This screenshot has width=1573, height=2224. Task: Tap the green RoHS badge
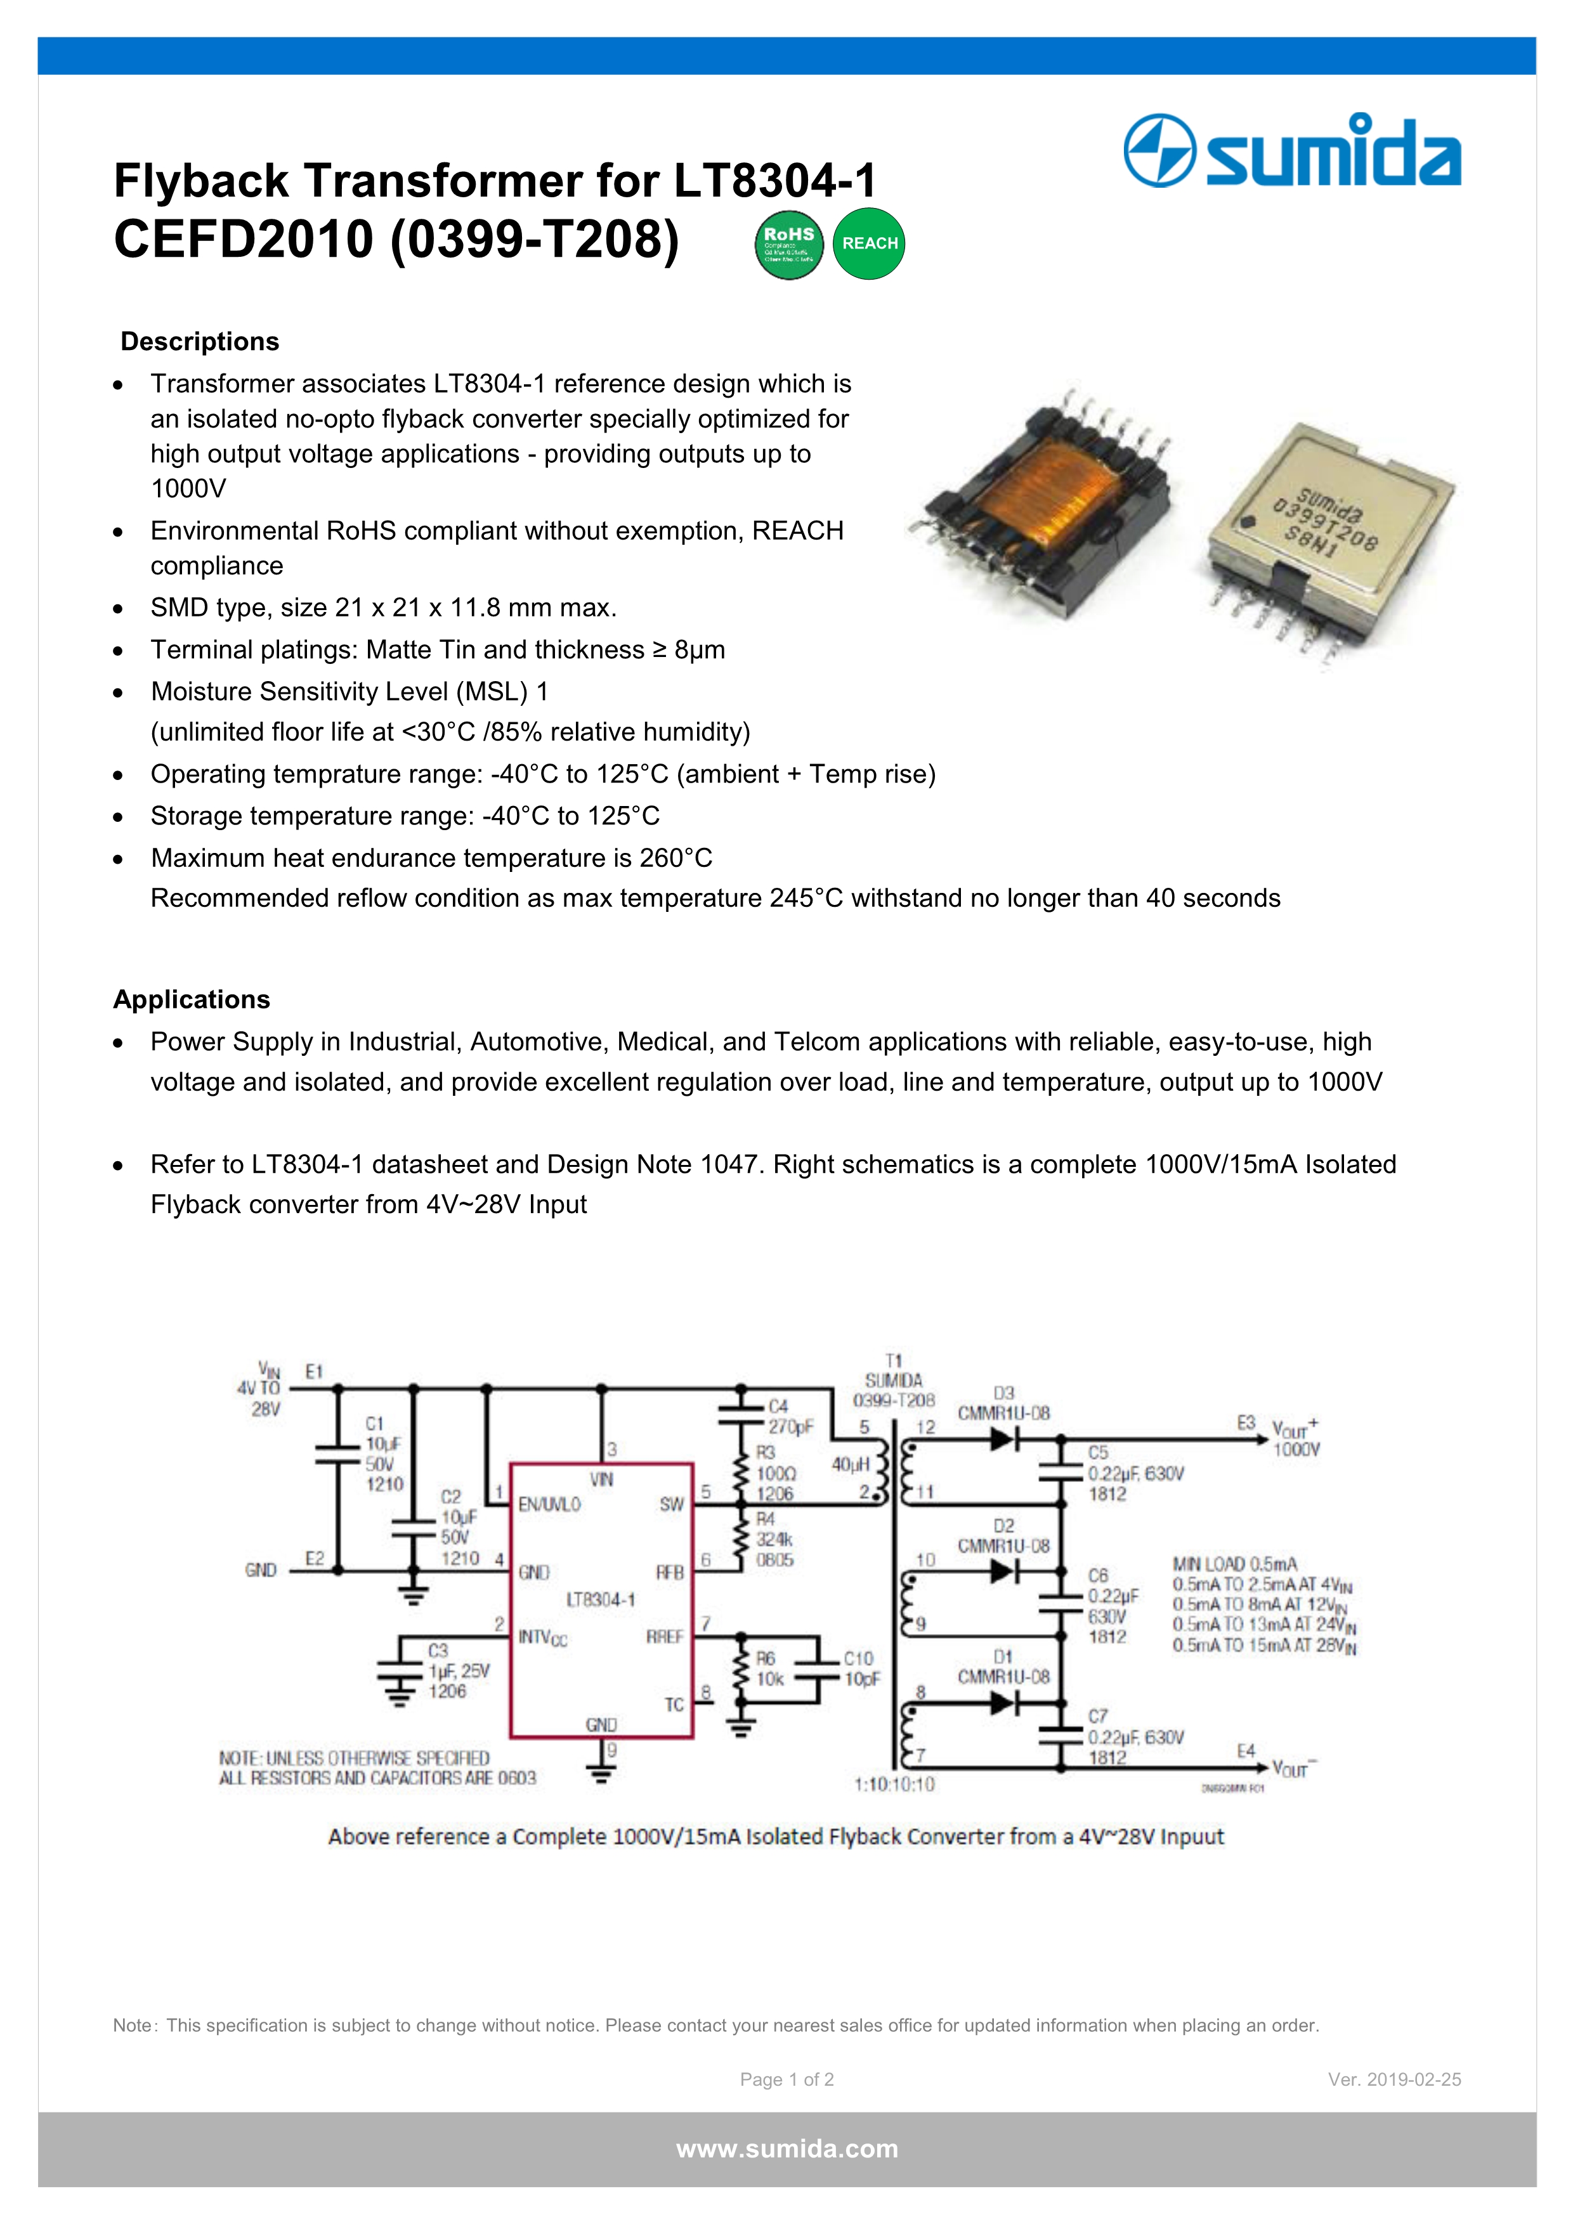(x=788, y=244)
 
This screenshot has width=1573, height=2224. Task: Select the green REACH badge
(x=869, y=244)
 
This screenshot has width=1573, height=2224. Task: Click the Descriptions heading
(x=200, y=342)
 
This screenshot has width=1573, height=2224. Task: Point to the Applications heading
(x=192, y=999)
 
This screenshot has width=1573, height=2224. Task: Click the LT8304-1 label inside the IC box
(x=601, y=1599)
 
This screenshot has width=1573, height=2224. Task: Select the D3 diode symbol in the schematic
(x=1003, y=1440)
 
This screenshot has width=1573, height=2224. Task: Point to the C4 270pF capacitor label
(x=790, y=1416)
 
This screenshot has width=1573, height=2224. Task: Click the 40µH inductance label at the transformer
(x=851, y=1464)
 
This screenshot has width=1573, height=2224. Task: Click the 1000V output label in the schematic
(x=1296, y=1450)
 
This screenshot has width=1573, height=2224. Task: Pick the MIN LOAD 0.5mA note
(x=1234, y=1563)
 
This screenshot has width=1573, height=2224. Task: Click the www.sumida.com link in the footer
(x=786, y=2149)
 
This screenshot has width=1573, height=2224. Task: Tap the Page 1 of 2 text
(x=786, y=2079)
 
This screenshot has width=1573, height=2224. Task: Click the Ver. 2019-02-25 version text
(x=1394, y=2079)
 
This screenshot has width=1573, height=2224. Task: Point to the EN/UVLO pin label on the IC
(x=549, y=1504)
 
